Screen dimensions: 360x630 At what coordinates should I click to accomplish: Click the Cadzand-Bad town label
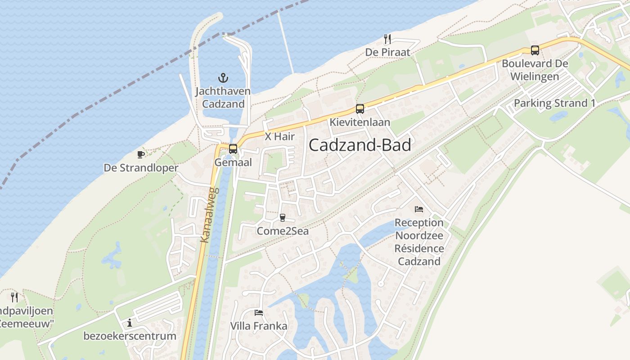[360, 145]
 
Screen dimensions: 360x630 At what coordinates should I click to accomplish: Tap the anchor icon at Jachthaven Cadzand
[223, 78]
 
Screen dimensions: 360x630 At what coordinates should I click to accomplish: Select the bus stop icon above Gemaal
[233, 148]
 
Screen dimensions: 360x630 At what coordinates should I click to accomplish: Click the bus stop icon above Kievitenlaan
[360, 108]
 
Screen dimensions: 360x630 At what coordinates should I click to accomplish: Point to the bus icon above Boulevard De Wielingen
[535, 50]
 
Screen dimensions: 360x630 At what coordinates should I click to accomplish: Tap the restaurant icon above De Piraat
[387, 39]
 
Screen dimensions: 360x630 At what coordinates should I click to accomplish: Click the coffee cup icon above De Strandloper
[141, 155]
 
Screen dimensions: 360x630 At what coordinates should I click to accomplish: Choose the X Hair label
[279, 136]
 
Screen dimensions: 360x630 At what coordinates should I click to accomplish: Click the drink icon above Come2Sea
[283, 218]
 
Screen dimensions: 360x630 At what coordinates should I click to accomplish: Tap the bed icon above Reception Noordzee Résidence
[419, 209]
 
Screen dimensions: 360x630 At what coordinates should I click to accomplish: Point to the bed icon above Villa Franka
[259, 312]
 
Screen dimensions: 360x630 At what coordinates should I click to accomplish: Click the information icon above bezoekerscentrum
[130, 323]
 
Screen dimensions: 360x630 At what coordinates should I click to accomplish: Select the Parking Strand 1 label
[554, 103]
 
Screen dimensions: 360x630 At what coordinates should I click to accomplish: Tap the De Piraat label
[388, 52]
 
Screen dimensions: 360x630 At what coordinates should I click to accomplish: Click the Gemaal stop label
[233, 162]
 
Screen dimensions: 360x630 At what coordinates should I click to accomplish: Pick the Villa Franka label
[259, 326]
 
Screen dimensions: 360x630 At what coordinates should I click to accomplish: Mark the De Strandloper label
[141, 168]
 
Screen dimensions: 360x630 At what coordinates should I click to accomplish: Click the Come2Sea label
[283, 231]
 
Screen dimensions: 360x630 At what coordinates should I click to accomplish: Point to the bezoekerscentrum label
[130, 336]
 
